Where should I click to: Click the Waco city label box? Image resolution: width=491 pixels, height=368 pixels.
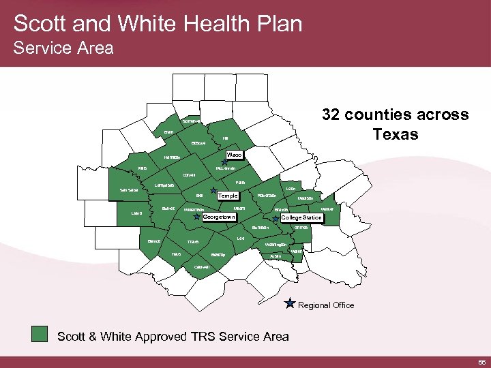coord(235,155)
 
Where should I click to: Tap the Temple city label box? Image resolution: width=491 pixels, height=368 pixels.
coord(227,196)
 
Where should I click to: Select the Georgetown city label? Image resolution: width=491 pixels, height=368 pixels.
coord(220,217)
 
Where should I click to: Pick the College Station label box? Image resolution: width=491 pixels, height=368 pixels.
coord(301,218)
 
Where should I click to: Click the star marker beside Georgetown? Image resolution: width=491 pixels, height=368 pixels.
coord(198,217)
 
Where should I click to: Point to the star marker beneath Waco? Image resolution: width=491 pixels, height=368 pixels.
coord(225,164)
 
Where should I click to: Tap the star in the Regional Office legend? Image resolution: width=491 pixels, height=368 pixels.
coord(290,303)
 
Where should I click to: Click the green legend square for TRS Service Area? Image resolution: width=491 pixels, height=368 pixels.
coord(42,334)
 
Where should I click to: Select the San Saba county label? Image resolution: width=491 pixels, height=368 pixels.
coord(129,190)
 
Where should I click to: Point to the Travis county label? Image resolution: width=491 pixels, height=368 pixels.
coord(193,242)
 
